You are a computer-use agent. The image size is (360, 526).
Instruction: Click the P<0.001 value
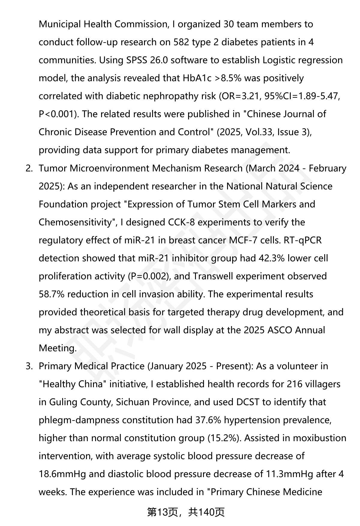[56, 114]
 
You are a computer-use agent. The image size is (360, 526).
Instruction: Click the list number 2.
[29, 168]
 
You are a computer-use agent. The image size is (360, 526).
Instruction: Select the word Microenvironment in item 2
[109, 168]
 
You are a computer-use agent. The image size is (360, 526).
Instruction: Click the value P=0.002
[149, 276]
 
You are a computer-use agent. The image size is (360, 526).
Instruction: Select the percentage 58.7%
[52, 294]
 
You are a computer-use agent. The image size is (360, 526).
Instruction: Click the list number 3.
[29, 366]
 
